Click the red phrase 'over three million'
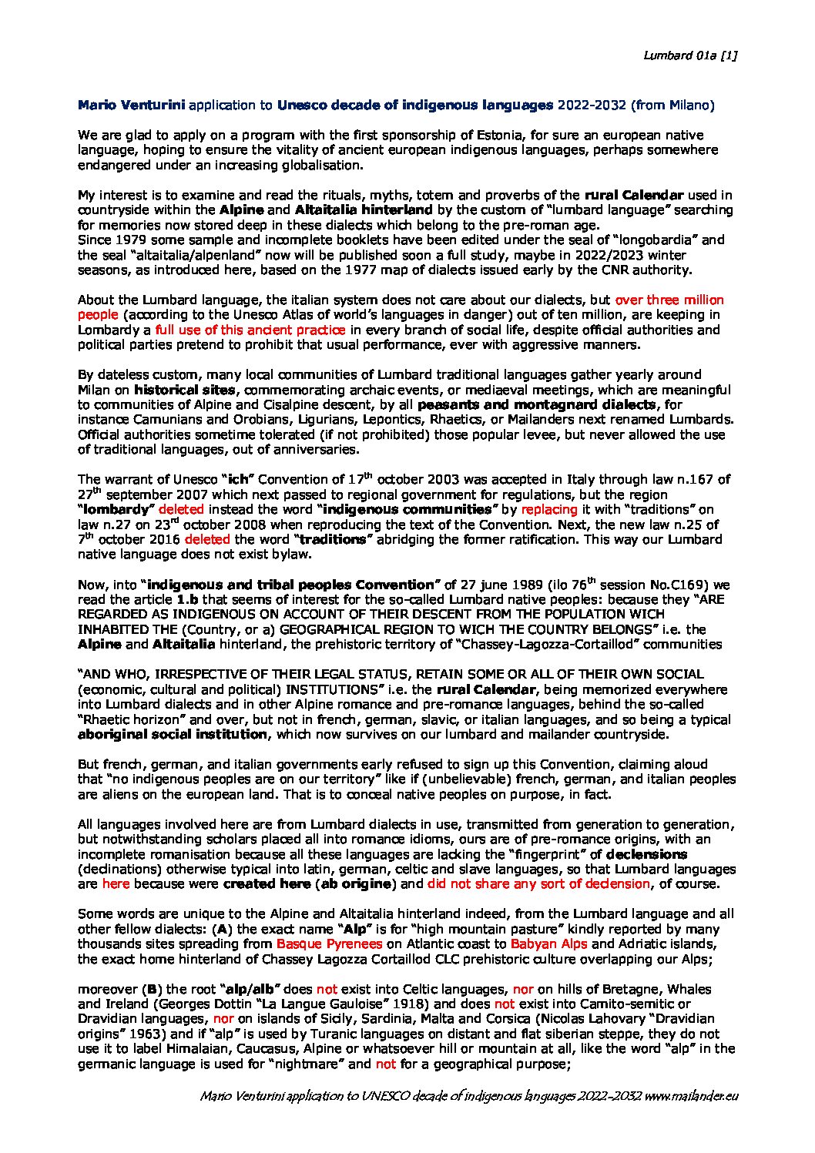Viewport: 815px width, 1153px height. (x=669, y=300)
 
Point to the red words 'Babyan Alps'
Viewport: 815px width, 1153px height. (x=544, y=944)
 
